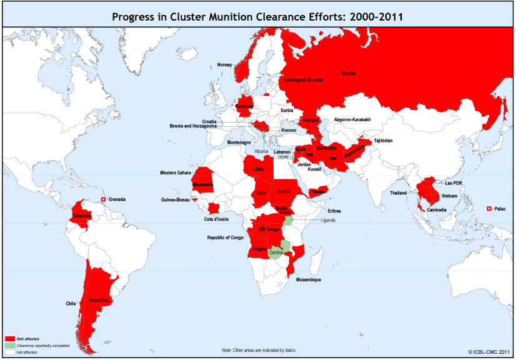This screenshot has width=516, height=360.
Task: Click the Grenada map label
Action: pos(117,199)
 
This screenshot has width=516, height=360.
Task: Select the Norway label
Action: pos(224,65)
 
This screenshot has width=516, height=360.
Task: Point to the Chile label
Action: pos(71,304)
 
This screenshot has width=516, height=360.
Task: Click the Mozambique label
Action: pos(309,279)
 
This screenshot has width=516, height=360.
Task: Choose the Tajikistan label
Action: pos(383,141)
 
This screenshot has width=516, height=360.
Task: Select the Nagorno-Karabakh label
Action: pos(352,119)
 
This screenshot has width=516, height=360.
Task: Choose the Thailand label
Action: pos(398,192)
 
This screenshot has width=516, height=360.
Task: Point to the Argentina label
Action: pos(100,300)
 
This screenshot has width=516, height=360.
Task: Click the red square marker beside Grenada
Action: pos(103,199)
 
